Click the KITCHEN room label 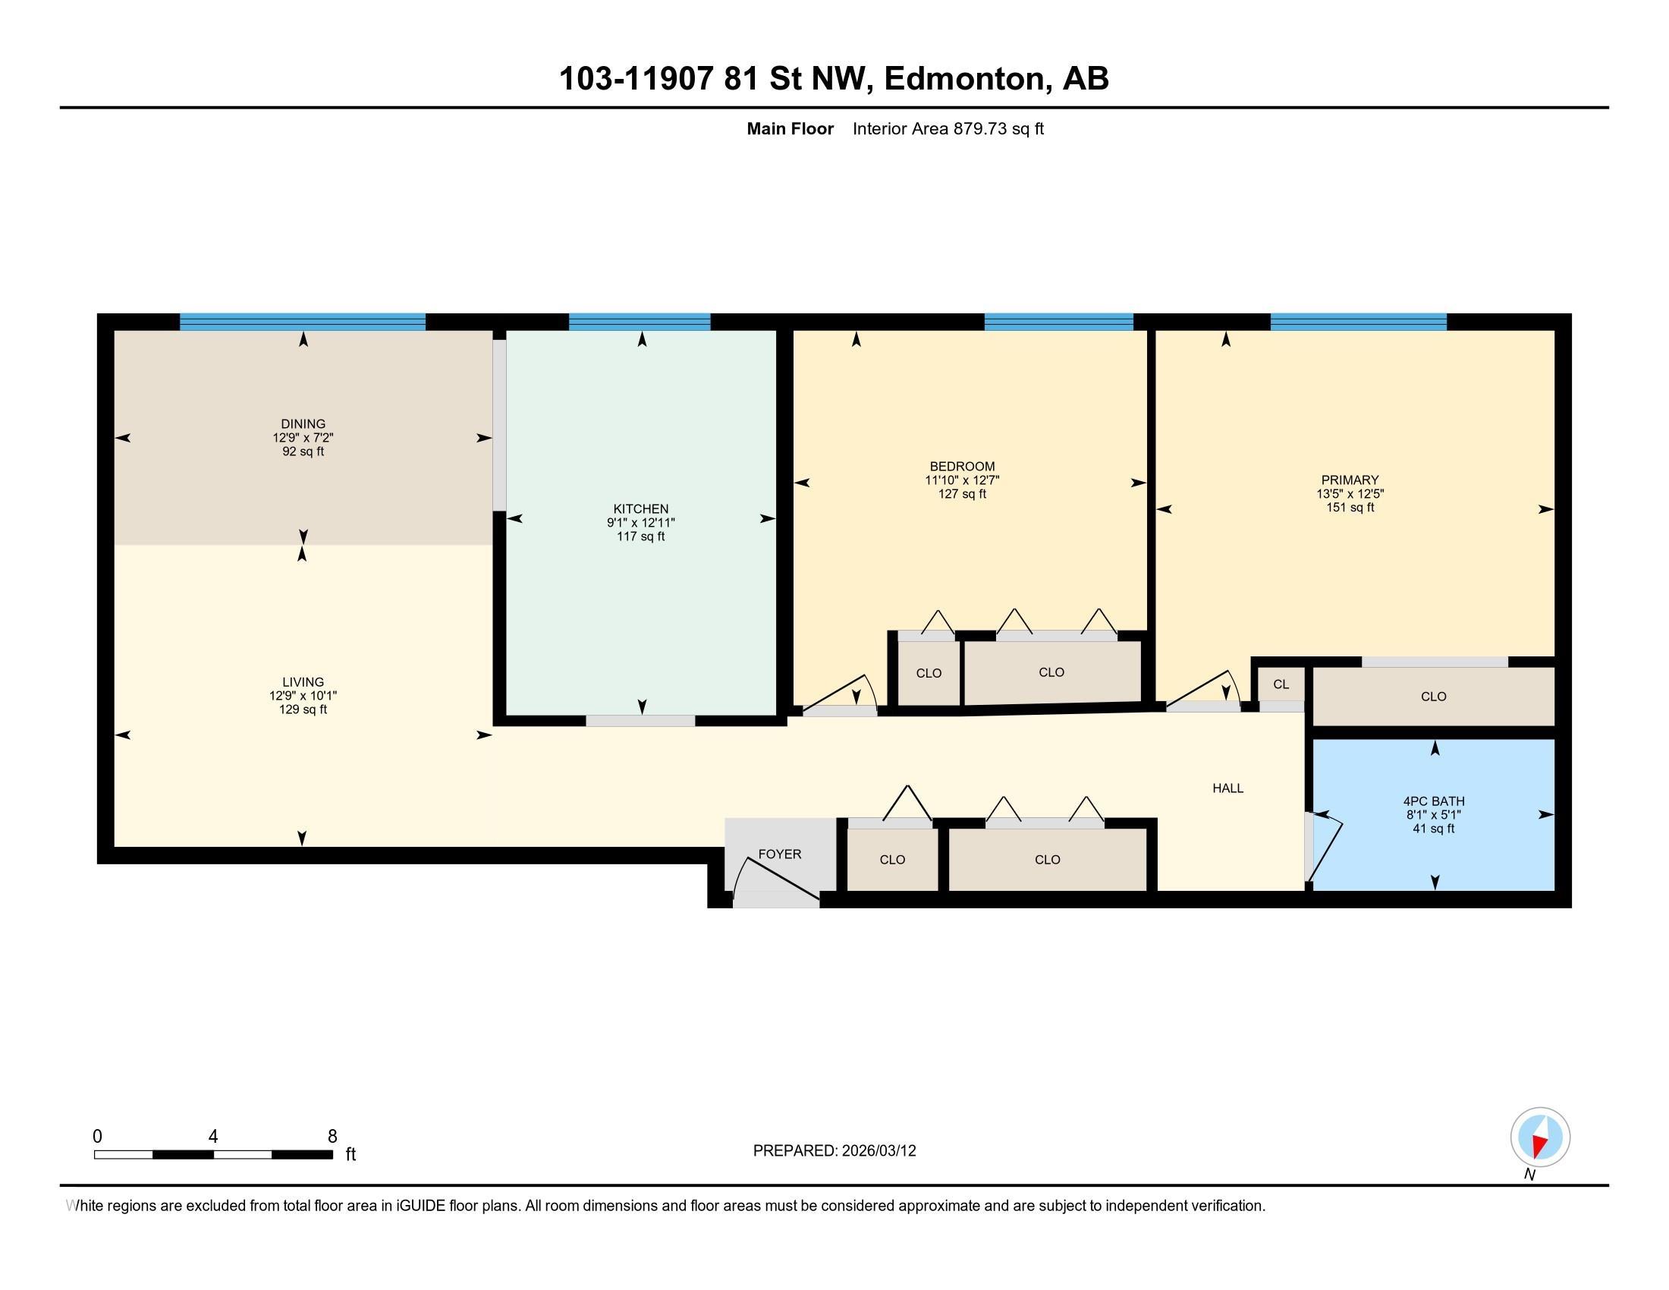point(640,509)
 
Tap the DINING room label point(303,424)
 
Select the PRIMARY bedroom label point(1350,480)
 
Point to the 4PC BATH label point(1434,801)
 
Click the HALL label point(1228,788)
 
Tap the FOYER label point(779,854)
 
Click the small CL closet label point(1281,684)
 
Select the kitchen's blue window point(640,322)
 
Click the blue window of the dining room point(303,322)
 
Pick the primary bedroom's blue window point(1358,322)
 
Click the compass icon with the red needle point(1540,1137)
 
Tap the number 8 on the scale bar point(332,1137)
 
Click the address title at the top point(834,79)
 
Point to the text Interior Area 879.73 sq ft point(948,129)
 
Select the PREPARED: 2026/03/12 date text point(834,1151)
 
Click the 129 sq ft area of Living point(303,709)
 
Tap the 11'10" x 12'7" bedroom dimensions point(962,480)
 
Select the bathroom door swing point(1325,848)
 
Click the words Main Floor point(790,129)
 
